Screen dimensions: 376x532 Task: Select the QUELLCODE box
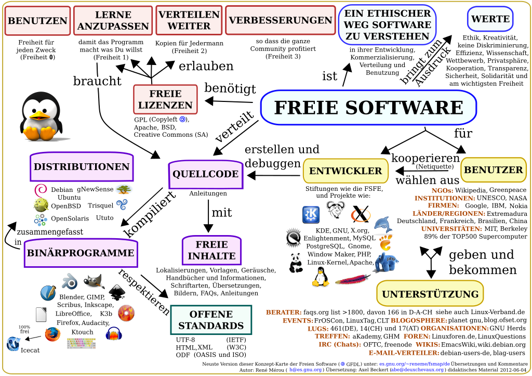[x=205, y=174]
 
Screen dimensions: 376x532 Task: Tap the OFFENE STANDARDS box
[x=210, y=320]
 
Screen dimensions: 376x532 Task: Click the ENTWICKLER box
[x=345, y=171]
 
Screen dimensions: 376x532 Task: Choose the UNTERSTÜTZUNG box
[x=425, y=294]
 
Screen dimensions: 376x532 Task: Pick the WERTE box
[x=490, y=19]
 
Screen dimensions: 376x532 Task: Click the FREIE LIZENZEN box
[x=165, y=99]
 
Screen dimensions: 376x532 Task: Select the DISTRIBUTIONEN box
[x=82, y=167]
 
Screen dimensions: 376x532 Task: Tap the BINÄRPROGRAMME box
[x=80, y=253]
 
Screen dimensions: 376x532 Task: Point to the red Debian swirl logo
[x=41, y=190]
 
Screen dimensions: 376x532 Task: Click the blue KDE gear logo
[x=311, y=214]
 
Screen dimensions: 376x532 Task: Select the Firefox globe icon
[x=52, y=334]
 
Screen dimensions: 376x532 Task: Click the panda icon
[x=296, y=262]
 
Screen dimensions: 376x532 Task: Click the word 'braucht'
[x=97, y=81]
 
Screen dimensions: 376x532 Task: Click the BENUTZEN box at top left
[x=37, y=21]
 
